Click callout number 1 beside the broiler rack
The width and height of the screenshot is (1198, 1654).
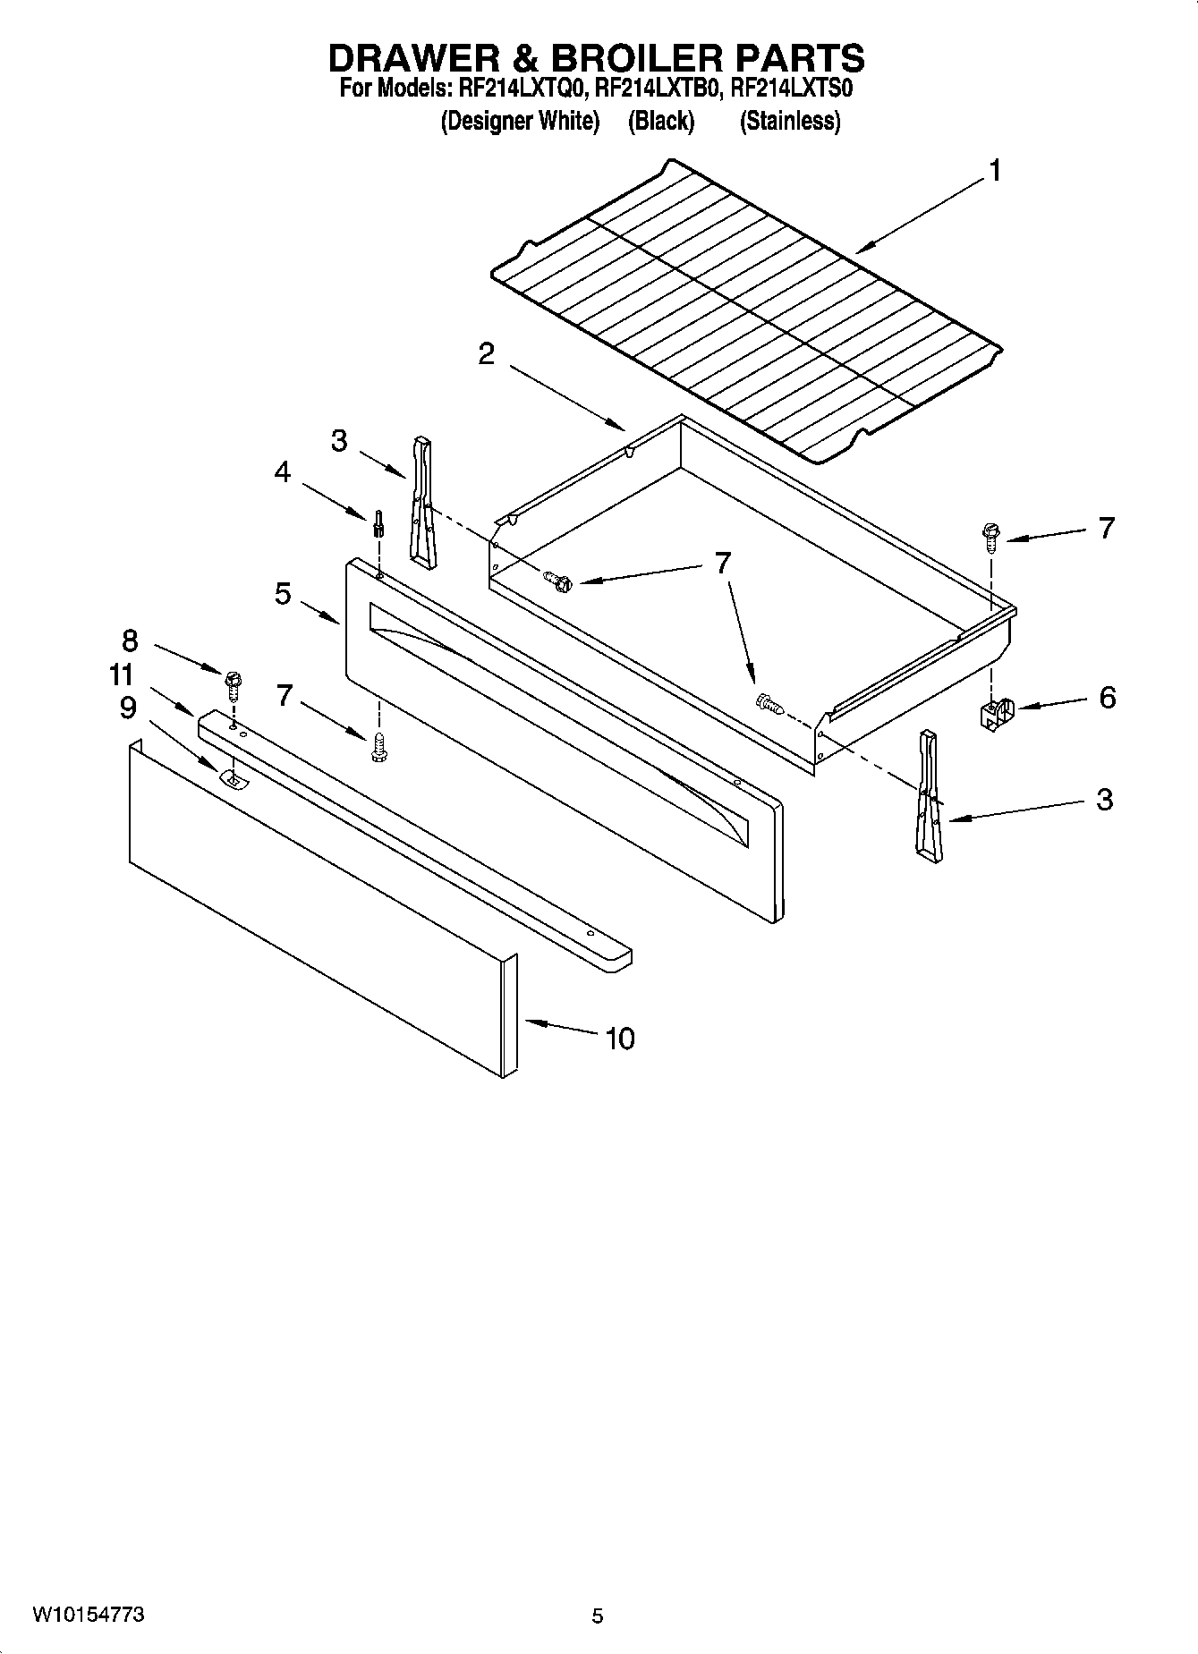pos(994,170)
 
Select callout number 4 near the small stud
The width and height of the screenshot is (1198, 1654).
pos(283,471)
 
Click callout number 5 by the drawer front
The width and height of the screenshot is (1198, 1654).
pos(283,592)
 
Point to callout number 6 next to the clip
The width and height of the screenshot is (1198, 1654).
pos(1107,697)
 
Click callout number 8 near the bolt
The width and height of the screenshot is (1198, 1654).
pos(130,640)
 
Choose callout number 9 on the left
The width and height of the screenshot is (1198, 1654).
pos(128,708)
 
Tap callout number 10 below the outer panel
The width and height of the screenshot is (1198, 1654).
pos(619,1038)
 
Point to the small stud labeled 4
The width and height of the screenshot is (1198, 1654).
pos(379,522)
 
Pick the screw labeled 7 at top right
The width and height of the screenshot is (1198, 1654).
pos(990,537)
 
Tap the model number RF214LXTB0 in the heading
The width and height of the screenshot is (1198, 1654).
pos(658,89)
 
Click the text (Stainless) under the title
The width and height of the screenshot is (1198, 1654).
pos(789,122)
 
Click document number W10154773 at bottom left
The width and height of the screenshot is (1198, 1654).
pos(89,1615)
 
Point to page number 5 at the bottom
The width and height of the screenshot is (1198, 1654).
pos(598,1616)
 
